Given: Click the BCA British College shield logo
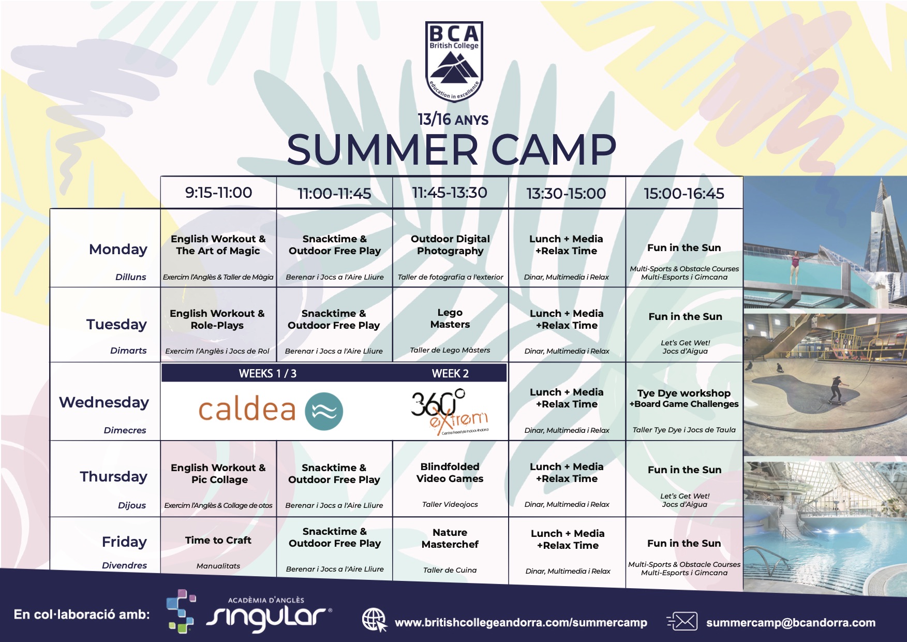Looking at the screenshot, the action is click(x=454, y=62).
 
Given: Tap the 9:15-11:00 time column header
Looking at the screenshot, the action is click(x=218, y=193).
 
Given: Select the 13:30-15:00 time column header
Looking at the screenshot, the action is click(x=566, y=194).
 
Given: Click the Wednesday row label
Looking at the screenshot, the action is click(x=104, y=402).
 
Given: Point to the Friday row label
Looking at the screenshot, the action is click(x=124, y=542).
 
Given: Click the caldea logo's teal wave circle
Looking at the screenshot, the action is click(x=324, y=412).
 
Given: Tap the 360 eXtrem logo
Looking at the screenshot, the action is click(x=450, y=411).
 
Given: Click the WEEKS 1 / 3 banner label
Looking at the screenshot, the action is click(x=267, y=374).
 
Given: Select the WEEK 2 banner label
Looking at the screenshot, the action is click(x=450, y=374).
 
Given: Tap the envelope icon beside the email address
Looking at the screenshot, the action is click(x=682, y=622).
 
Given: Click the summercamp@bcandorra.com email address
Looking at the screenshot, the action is click(x=791, y=622).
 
